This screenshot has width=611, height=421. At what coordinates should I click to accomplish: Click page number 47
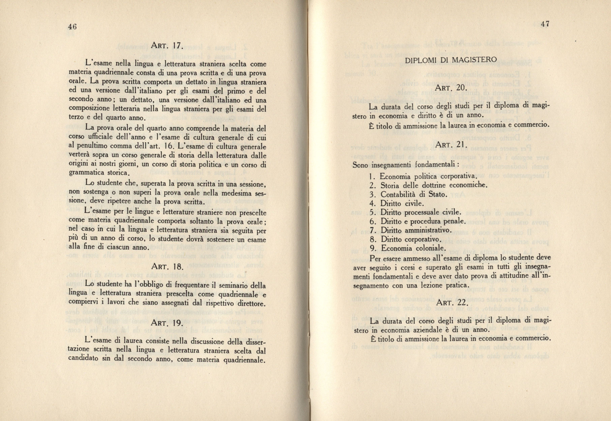pos(545,24)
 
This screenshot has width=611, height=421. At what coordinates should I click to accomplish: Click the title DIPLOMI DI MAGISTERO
pos(451,60)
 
